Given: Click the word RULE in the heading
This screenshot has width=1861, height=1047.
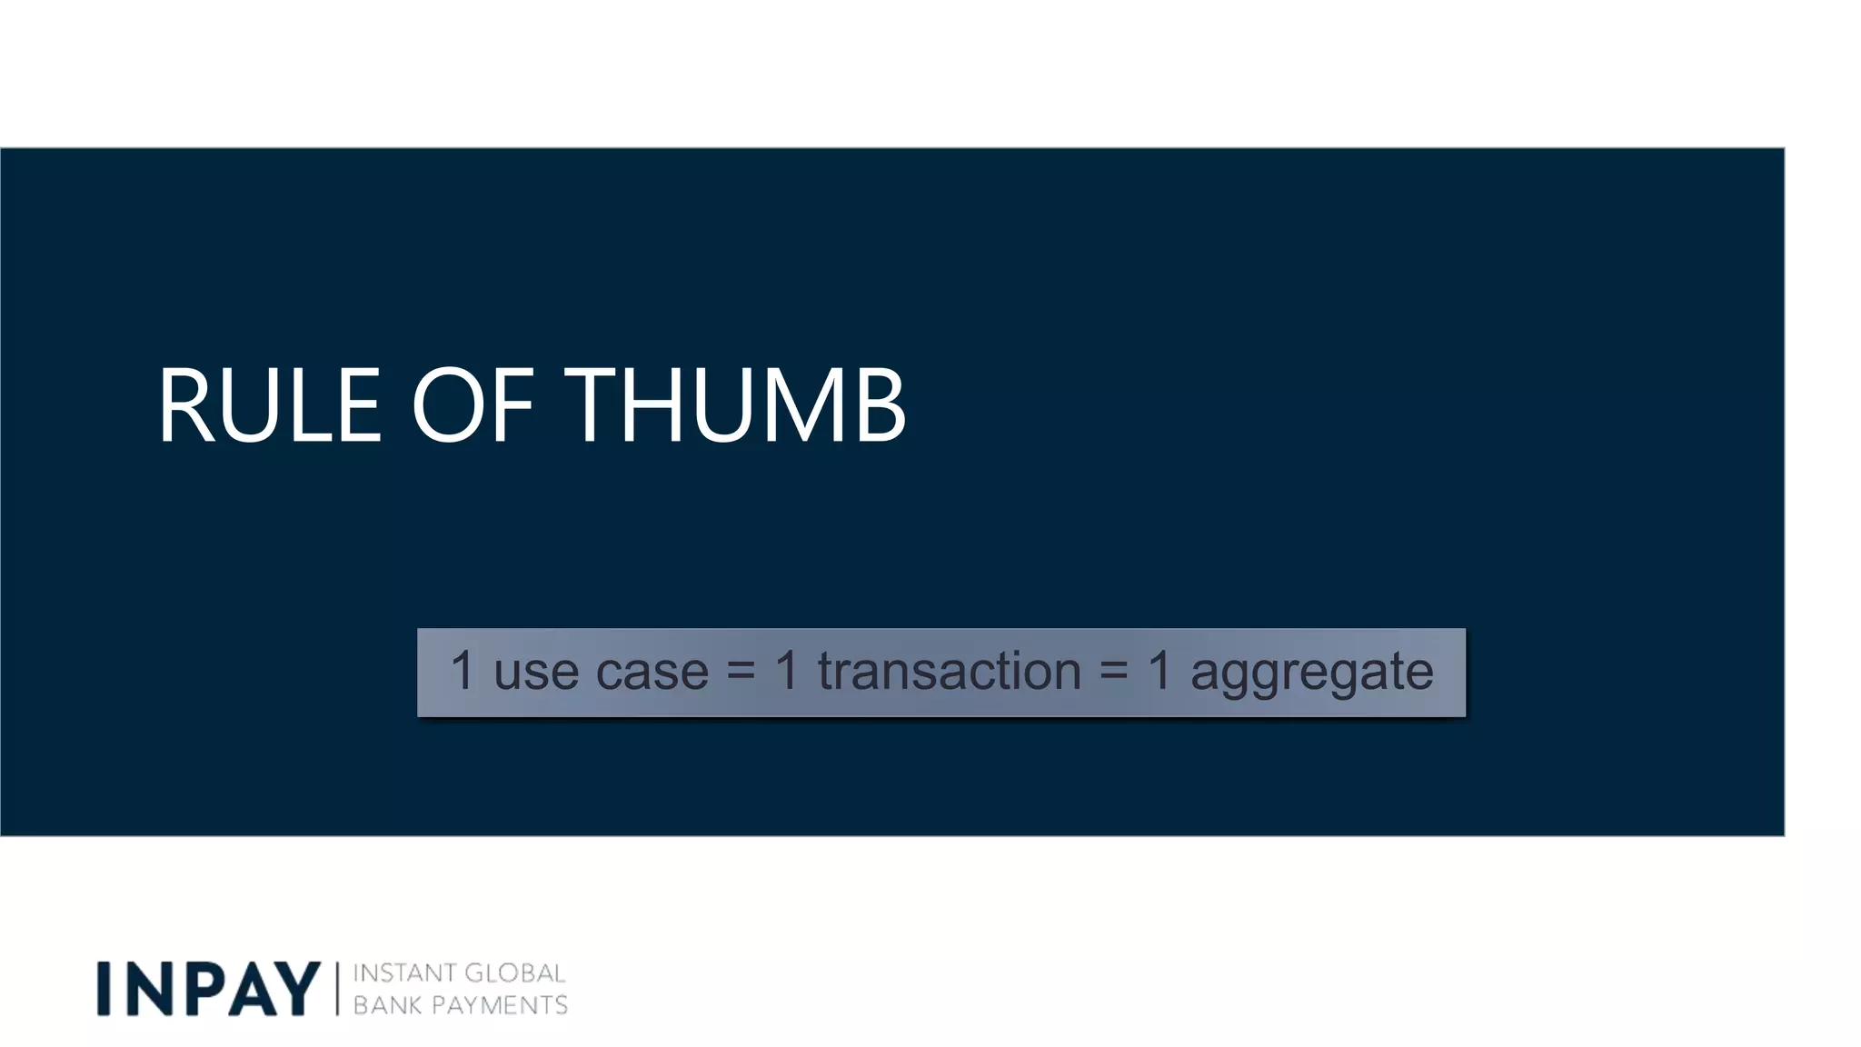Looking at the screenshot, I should [x=269, y=405].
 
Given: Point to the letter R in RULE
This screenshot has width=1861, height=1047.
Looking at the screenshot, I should [x=186, y=405].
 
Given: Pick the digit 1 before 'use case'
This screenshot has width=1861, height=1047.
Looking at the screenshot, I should [x=463, y=671].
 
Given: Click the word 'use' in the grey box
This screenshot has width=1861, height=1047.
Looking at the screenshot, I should [x=536, y=673].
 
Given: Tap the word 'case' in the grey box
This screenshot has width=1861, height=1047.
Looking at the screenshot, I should [x=652, y=673].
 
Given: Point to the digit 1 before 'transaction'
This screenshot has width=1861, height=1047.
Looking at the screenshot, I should [x=787, y=671].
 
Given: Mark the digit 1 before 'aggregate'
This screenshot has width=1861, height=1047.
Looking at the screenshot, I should [x=1159, y=671].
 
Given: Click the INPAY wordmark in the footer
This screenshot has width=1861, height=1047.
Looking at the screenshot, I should [x=209, y=989].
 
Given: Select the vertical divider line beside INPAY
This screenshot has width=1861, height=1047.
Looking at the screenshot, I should [x=337, y=989].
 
